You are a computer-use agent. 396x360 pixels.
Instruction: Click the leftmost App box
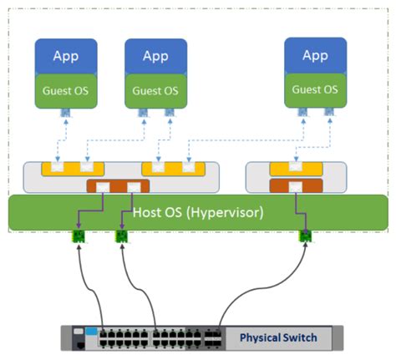point(66,58)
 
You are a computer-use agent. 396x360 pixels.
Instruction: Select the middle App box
point(155,58)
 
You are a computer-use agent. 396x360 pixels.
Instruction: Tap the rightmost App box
point(314,56)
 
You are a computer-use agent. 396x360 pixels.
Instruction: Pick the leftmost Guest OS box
point(66,90)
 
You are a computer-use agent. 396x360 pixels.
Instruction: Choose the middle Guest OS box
point(155,90)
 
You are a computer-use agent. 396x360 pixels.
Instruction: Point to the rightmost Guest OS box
point(314,89)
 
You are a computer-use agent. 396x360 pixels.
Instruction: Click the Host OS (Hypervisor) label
point(198,212)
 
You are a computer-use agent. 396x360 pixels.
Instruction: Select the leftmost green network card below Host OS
point(78,237)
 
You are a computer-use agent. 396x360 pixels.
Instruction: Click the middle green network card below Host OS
point(122,237)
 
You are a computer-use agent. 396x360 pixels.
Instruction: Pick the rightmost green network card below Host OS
point(307,237)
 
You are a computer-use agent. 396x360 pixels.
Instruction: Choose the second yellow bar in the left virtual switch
point(171,170)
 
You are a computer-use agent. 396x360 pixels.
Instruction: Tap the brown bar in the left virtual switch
point(118,185)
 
